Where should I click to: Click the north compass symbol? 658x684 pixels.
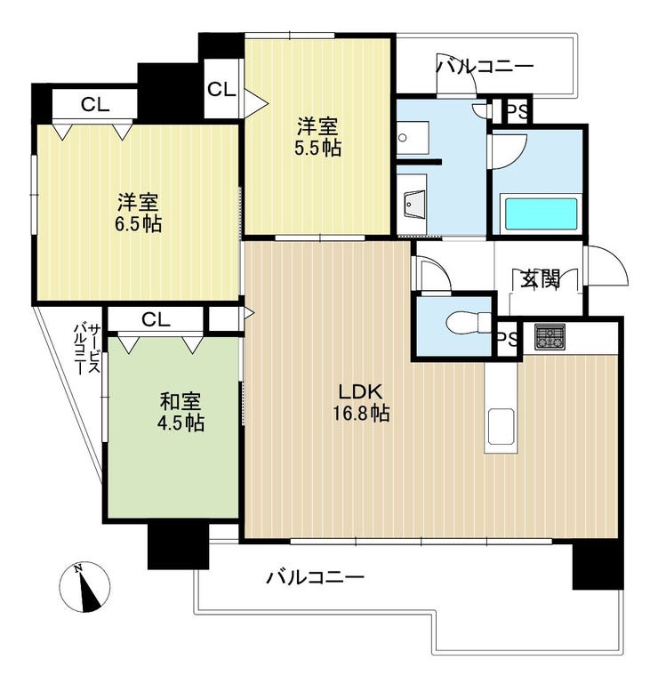pyautogui.click(x=84, y=587)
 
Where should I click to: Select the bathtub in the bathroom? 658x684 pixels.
pyautogui.click(x=541, y=213)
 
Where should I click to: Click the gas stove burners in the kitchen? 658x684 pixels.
pyautogui.click(x=550, y=337)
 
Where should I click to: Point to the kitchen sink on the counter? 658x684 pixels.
pyautogui.click(x=501, y=426)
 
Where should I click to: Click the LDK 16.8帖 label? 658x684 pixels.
pyautogui.click(x=362, y=402)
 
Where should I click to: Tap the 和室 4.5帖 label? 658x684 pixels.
pyautogui.click(x=181, y=412)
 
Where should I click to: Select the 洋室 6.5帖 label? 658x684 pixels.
pyautogui.click(x=138, y=213)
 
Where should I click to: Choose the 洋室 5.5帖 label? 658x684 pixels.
pyautogui.click(x=317, y=137)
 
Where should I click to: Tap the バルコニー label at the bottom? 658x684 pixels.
pyautogui.click(x=316, y=578)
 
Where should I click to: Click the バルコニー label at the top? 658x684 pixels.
pyautogui.click(x=485, y=67)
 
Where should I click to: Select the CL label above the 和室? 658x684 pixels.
pyautogui.click(x=156, y=320)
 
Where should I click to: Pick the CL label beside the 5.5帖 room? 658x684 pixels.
pyautogui.click(x=221, y=90)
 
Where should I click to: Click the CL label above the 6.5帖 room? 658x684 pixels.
pyautogui.click(x=95, y=105)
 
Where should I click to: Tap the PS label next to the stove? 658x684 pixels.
pyautogui.click(x=507, y=338)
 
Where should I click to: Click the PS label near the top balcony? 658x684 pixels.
pyautogui.click(x=518, y=113)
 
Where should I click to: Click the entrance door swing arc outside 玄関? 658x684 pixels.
pyautogui.click(x=614, y=261)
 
